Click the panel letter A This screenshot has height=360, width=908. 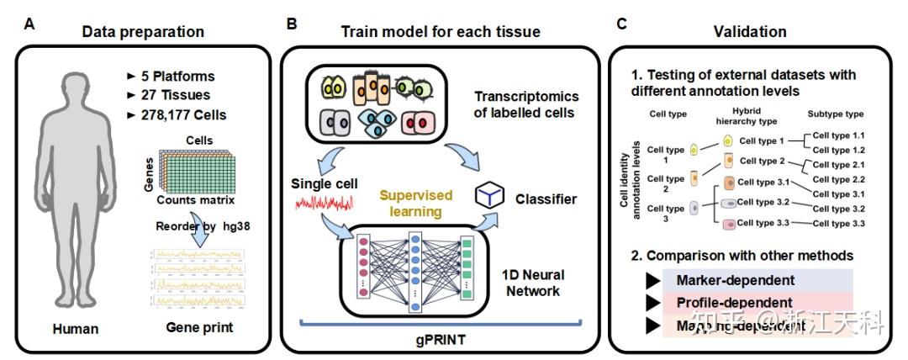point(30,24)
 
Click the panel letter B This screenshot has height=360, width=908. point(292,24)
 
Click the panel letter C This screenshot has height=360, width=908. point(621,24)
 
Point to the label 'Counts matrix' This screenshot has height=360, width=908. point(191,201)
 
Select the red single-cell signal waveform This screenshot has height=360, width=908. point(325,204)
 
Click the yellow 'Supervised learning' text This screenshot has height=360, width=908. point(415,204)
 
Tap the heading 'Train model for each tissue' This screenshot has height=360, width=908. point(440,32)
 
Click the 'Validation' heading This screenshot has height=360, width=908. point(750,32)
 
